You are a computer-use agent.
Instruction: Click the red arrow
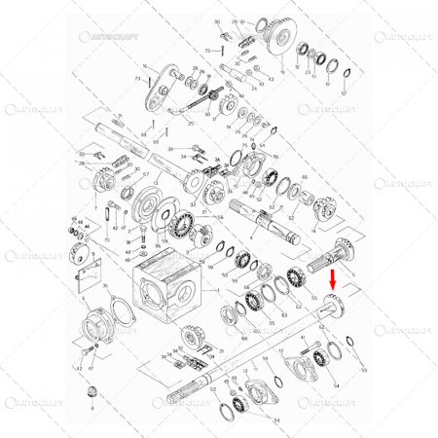(333, 283)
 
